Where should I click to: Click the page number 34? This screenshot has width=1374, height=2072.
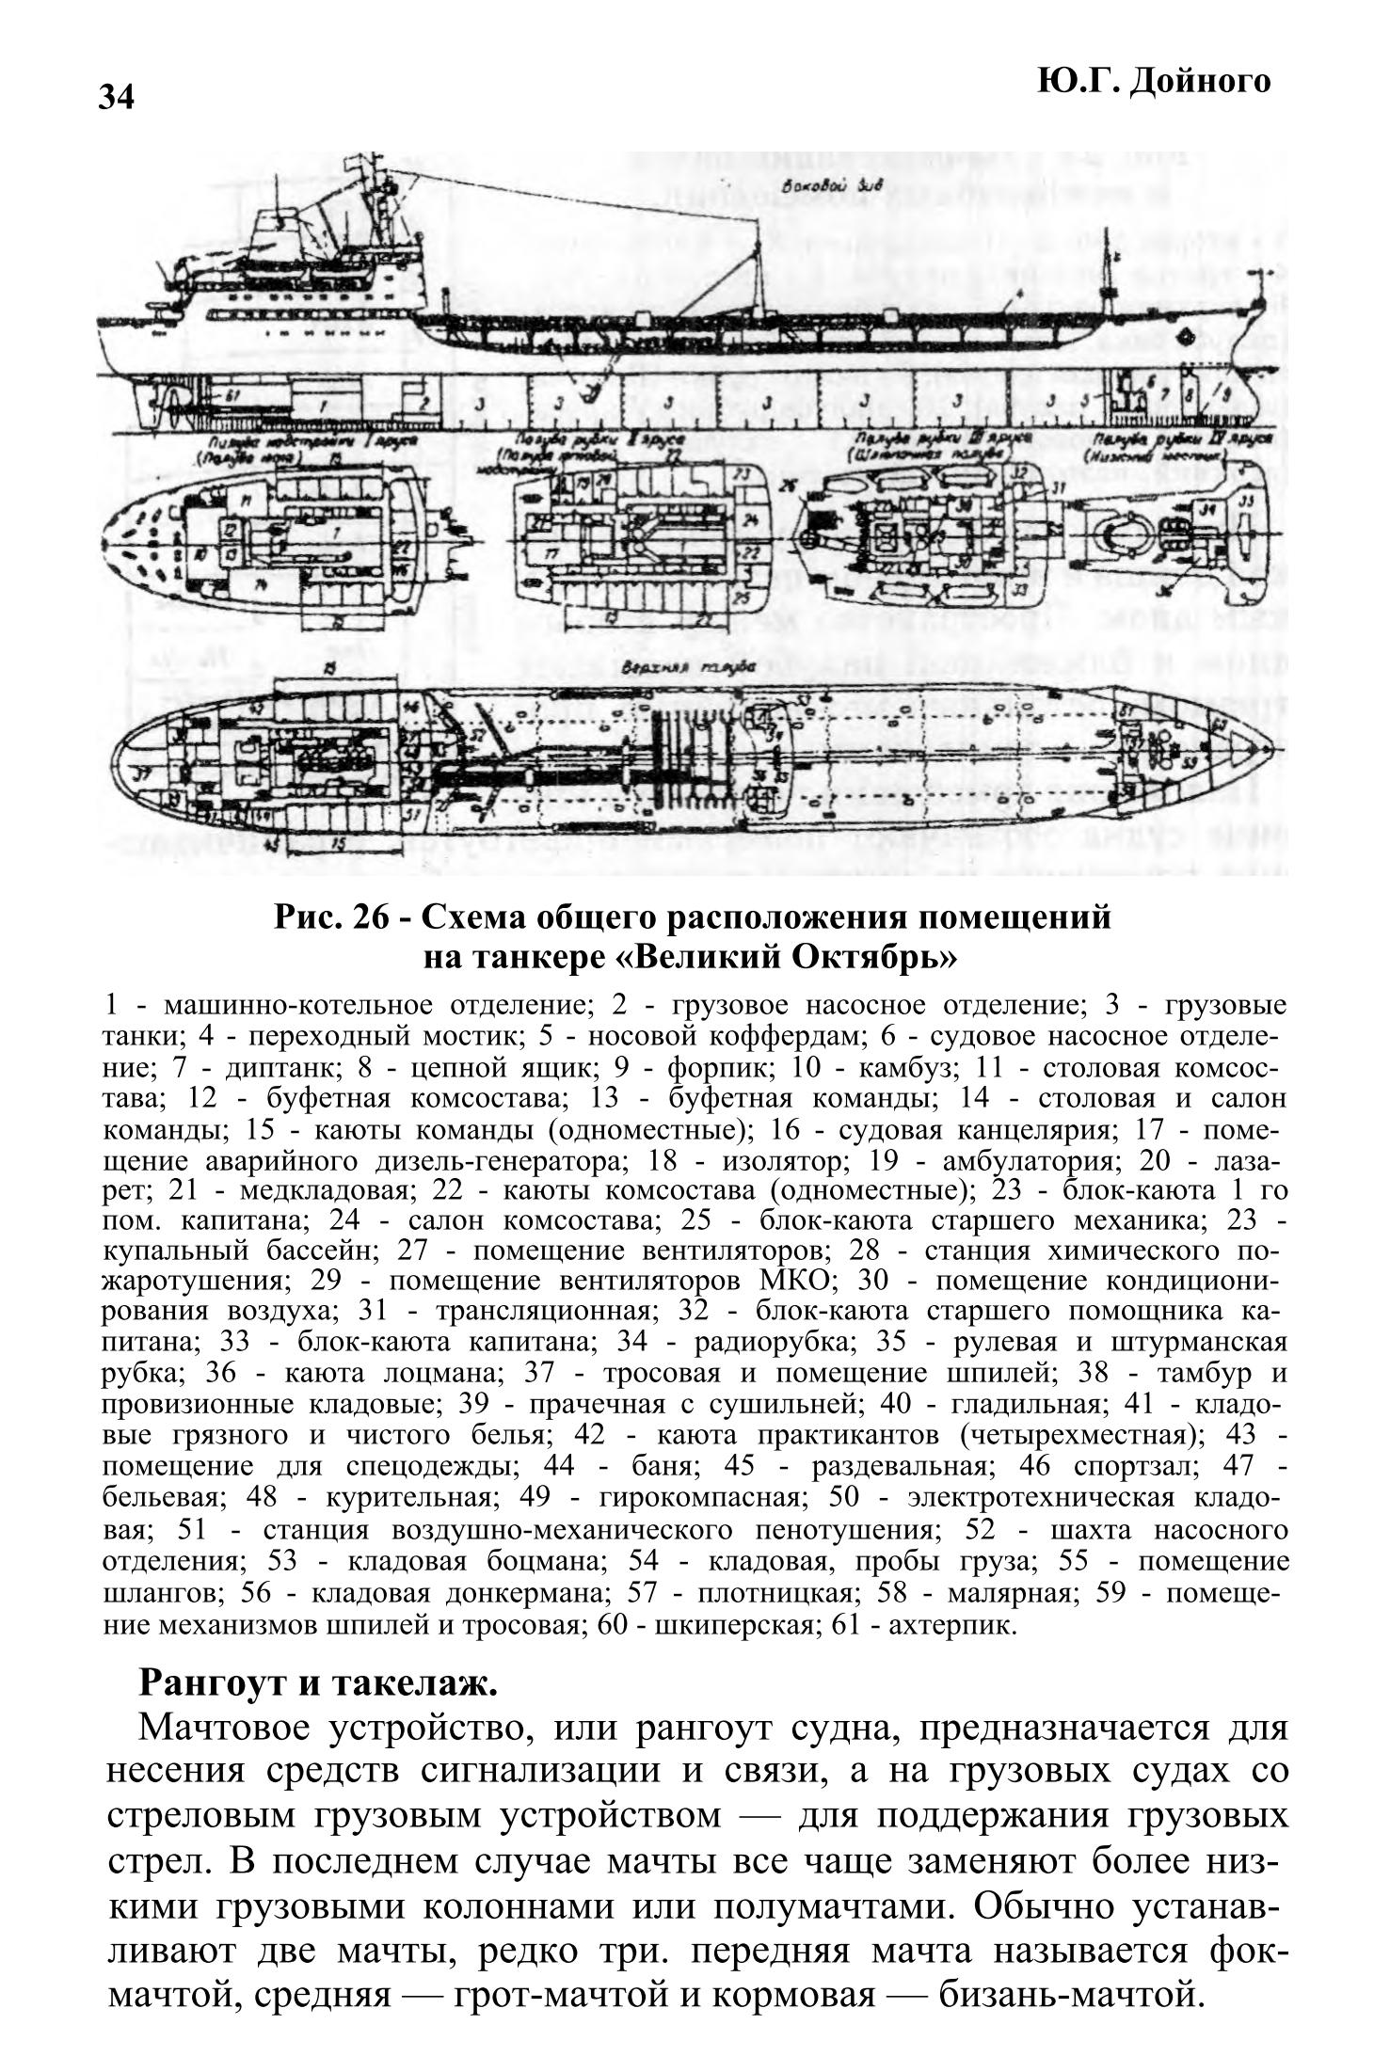tap(118, 97)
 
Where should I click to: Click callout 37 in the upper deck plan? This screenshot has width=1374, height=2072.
tap(143, 774)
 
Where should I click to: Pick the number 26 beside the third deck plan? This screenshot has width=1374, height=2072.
tap(788, 486)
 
